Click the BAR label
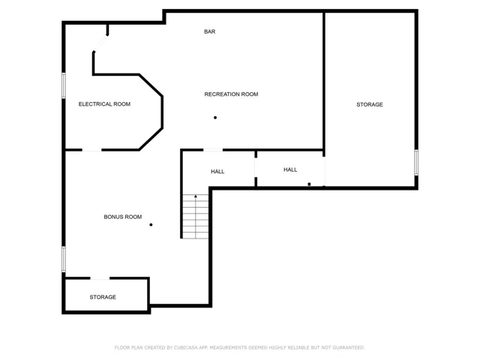(210, 31)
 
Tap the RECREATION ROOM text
(231, 94)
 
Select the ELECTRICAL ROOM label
(104, 104)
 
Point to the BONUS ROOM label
(123, 217)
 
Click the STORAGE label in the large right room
(370, 105)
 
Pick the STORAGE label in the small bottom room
(103, 297)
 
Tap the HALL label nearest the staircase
(217, 172)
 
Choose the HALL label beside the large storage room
(290, 170)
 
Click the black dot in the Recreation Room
(215, 118)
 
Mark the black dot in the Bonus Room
(151, 225)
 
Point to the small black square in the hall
(309, 184)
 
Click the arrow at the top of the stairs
(196, 196)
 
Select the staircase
(196, 217)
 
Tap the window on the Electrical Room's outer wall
(64, 85)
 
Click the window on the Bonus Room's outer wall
(64, 259)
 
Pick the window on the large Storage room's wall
(416, 163)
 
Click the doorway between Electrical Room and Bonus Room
(91, 150)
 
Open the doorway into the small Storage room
(100, 278)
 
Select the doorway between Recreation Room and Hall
(213, 150)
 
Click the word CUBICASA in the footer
(186, 348)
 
